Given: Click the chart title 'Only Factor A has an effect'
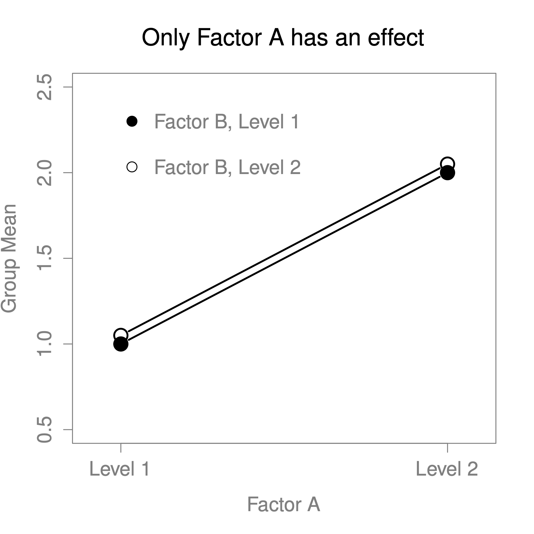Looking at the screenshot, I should (x=283, y=38).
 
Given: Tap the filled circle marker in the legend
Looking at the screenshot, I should (x=132, y=121).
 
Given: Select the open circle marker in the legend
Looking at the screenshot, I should (x=132, y=167).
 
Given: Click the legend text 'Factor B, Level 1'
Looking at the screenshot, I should (x=227, y=122).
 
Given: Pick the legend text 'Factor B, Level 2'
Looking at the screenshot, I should (x=227, y=167).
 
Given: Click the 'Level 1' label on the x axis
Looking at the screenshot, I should (x=119, y=469).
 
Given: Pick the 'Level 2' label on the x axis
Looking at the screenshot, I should (x=447, y=469).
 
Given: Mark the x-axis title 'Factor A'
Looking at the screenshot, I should (x=283, y=505).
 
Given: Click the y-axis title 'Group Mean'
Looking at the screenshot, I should (x=9, y=258).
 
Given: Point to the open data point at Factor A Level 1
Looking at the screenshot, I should (x=121, y=334).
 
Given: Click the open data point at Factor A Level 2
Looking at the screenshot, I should (x=447, y=163).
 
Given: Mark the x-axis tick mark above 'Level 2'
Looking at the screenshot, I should (x=447, y=448).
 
